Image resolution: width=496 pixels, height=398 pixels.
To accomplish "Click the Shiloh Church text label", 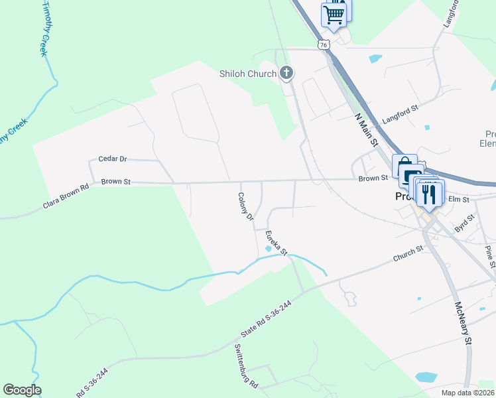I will tap(247, 74).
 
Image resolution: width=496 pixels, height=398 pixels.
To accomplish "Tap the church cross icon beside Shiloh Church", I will tap(286, 73).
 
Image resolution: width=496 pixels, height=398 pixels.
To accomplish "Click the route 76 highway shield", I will tap(323, 44).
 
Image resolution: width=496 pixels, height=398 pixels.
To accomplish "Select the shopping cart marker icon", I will tap(334, 14).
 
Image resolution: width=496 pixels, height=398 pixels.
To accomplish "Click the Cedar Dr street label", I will tap(112, 159).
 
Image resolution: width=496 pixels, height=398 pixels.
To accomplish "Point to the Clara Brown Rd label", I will tap(66, 197).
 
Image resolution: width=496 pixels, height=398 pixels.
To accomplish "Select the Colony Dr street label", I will tap(246, 206).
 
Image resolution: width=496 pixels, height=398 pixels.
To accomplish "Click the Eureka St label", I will tap(275, 243).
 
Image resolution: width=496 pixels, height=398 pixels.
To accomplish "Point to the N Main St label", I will tap(366, 130).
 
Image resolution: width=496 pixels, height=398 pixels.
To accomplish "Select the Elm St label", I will tap(459, 199).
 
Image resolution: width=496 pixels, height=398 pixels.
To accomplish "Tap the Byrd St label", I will tap(465, 223).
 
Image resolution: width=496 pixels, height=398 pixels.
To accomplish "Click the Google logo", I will tap(22, 390).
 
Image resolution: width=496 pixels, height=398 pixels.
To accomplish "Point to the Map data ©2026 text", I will tap(467, 393).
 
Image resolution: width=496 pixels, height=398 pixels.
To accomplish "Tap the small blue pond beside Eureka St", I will tap(269, 249).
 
